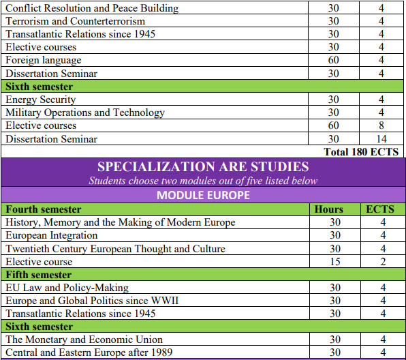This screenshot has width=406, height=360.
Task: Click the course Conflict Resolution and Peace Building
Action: point(92,8)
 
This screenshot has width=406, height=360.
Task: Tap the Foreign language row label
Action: point(44,60)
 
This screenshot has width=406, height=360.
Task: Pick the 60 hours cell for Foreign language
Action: point(333,60)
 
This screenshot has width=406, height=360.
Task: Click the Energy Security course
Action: point(41,100)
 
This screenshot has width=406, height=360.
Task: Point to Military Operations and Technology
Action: point(85,112)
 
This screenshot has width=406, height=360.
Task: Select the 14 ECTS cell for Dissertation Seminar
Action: point(381,139)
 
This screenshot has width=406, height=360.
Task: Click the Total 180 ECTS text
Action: point(361,151)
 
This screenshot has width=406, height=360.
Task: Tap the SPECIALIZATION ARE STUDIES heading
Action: point(203,166)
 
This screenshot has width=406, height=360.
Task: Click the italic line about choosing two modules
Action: point(203,181)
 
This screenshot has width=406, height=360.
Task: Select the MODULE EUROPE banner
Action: point(203,195)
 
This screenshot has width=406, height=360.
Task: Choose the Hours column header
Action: point(329,209)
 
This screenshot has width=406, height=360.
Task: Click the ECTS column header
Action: point(380,209)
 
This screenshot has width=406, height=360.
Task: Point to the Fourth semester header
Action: point(44,209)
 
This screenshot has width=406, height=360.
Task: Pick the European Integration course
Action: point(52,235)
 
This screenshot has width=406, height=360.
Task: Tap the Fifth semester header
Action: point(39,275)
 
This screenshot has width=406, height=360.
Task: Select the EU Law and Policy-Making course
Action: point(67,288)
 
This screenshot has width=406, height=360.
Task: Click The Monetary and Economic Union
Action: point(84,340)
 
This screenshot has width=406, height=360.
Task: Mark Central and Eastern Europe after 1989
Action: point(89,352)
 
